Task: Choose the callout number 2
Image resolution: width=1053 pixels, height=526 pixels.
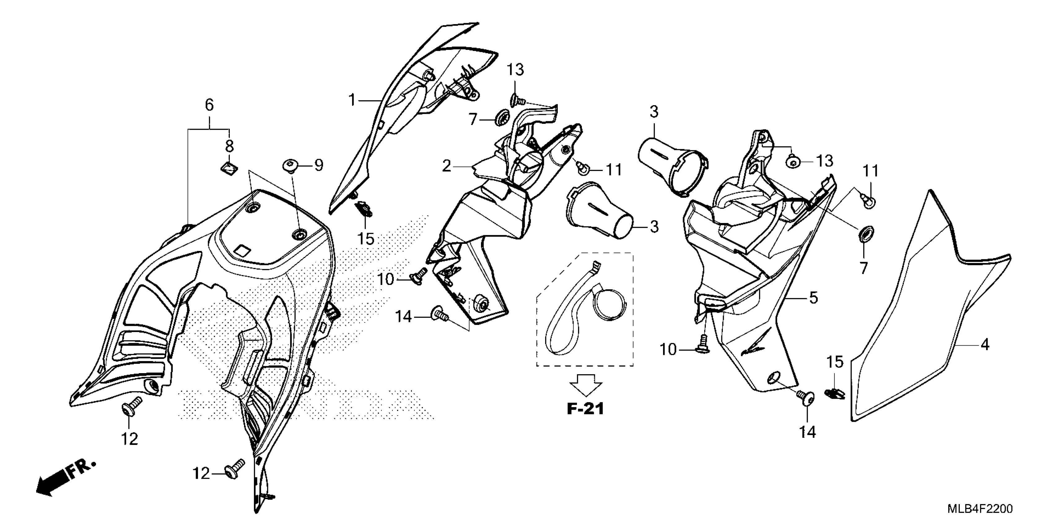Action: tap(446, 166)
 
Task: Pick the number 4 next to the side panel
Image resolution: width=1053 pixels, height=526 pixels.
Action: tap(985, 345)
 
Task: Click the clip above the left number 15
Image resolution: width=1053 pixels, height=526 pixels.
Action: tap(364, 208)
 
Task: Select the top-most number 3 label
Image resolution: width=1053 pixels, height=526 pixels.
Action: tap(653, 111)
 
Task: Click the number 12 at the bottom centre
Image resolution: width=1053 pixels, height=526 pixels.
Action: tap(201, 473)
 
